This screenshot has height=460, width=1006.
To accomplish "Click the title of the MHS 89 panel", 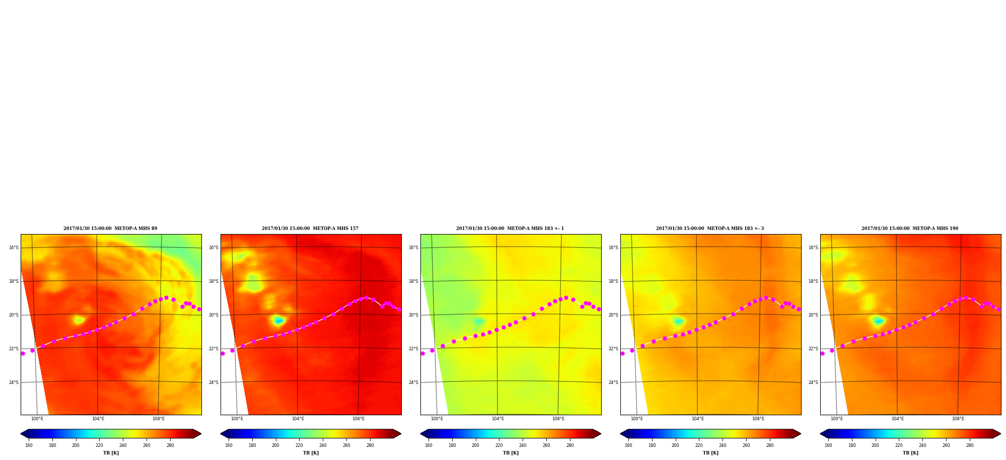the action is [x=110, y=228].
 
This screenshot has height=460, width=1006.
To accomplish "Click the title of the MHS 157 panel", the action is [x=310, y=228].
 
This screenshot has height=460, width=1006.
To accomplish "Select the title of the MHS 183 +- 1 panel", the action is [x=510, y=228].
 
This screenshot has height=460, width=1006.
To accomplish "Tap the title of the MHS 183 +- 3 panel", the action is [x=710, y=228].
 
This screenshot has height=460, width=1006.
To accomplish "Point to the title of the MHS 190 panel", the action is [x=910, y=228].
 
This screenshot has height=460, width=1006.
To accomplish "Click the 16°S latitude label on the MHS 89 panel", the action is [x=14, y=248].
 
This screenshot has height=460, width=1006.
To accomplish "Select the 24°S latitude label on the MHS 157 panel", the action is [x=213, y=382].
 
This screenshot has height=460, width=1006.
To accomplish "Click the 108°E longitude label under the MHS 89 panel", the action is [x=159, y=419].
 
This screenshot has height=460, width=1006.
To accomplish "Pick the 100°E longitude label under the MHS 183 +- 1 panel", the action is [x=437, y=419].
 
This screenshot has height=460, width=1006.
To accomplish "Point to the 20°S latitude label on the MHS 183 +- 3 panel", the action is [x=613, y=315].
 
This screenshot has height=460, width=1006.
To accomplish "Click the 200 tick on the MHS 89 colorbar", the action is [x=76, y=445].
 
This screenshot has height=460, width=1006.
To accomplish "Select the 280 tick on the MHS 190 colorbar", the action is [x=970, y=445].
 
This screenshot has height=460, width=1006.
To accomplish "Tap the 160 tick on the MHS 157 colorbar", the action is [x=229, y=445].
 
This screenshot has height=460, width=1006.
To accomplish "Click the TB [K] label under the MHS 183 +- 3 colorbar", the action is [x=710, y=453].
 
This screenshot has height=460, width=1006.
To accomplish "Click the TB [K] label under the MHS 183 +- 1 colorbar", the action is [x=511, y=453].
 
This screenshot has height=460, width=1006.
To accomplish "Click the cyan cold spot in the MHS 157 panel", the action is [x=279, y=320].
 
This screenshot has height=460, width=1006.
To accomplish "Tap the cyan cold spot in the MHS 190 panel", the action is [x=879, y=321].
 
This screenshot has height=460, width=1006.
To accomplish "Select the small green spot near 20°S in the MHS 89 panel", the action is [x=79, y=320].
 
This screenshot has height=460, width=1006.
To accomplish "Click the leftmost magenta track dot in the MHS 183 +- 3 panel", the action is [x=622, y=353].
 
